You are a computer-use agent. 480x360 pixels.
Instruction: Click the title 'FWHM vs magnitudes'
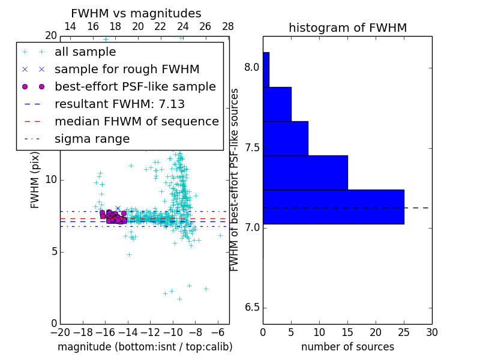coord(136,14)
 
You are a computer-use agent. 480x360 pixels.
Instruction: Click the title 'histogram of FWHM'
coord(347,28)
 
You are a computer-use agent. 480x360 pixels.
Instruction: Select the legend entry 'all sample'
coord(85,52)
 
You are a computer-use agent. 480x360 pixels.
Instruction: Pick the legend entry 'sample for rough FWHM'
coord(127,70)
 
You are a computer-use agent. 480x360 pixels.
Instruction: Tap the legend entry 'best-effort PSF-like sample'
coord(135,86)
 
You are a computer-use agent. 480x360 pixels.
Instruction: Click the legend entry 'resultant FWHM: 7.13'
coord(119,104)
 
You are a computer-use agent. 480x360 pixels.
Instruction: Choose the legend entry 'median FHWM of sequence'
coord(136,121)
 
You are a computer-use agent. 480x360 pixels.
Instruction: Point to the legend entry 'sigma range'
coord(92,139)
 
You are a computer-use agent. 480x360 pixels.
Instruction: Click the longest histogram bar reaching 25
coord(333,207)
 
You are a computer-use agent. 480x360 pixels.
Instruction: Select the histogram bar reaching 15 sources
coord(305,173)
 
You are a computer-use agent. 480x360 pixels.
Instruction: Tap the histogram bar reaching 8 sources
coord(285,138)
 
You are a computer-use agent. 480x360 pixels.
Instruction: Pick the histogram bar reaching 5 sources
coord(277,104)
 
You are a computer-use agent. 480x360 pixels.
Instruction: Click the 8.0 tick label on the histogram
coord(251,68)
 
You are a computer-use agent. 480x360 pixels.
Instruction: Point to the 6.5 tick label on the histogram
coord(251,308)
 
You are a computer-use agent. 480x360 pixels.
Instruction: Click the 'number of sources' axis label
coord(347,347)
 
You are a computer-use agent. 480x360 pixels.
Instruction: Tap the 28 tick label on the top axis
coord(228,26)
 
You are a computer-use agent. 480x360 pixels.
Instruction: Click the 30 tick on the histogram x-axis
coord(431,332)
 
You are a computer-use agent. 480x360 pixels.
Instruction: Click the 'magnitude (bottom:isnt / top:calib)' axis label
coord(145,347)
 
